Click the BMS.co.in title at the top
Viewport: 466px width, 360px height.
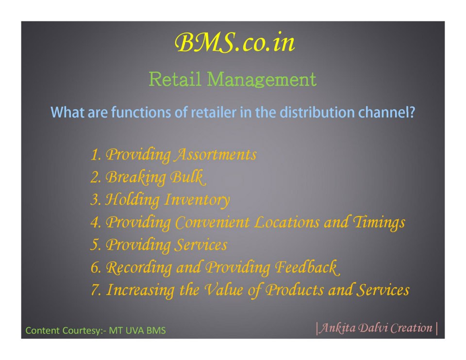tap(234, 43)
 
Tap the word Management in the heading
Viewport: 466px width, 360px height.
tap(262, 80)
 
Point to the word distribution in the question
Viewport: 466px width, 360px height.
tap(317, 112)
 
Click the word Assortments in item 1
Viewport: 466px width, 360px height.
tap(216, 154)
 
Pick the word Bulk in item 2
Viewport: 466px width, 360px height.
tap(187, 177)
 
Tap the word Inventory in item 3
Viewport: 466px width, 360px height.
tap(197, 199)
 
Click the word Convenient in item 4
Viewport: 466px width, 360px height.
tap(212, 222)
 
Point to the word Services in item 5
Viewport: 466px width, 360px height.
tap(200, 245)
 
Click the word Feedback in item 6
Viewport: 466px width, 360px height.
tap(307, 267)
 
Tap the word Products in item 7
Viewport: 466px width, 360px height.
tap(294, 290)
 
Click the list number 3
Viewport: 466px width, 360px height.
tap(96, 199)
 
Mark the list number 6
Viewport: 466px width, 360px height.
tap(96, 267)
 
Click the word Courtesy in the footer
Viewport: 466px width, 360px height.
tap(79, 330)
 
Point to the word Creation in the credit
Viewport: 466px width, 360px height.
tap(411, 328)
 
